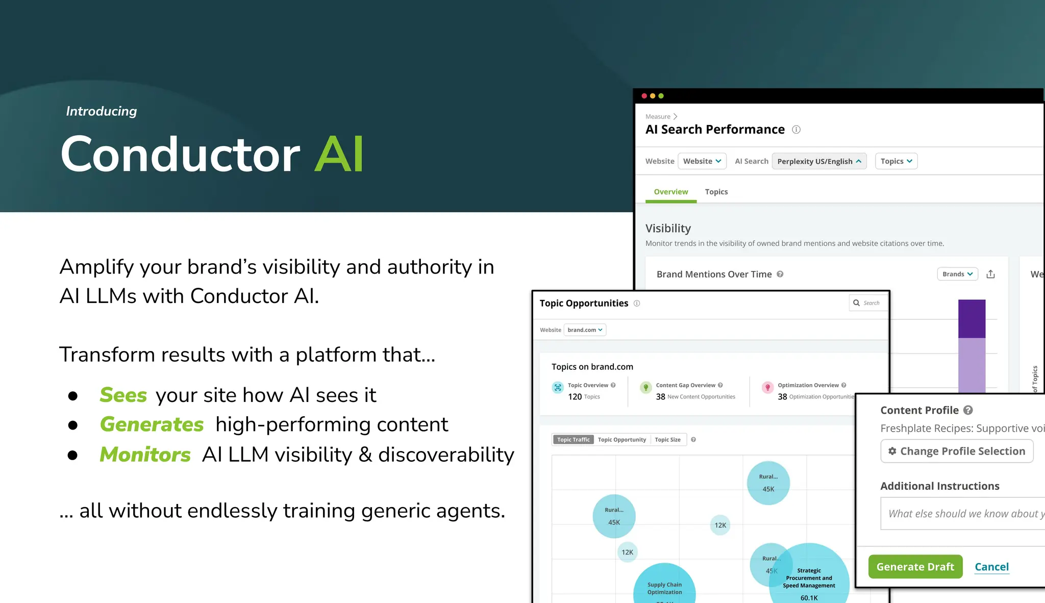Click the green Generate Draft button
915,567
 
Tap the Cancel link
991,567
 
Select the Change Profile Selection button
957,451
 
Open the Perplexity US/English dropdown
819,161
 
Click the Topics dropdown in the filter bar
896,161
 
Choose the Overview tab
670,192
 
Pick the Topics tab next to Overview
716,192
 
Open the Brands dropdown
957,274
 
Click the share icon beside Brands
990,274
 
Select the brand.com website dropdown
585,330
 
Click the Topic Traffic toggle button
573,440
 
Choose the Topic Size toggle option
667,440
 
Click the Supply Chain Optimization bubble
664,587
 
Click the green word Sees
123,395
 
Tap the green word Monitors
145,455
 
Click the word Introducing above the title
102,111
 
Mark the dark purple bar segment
972,319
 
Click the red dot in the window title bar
644,96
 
